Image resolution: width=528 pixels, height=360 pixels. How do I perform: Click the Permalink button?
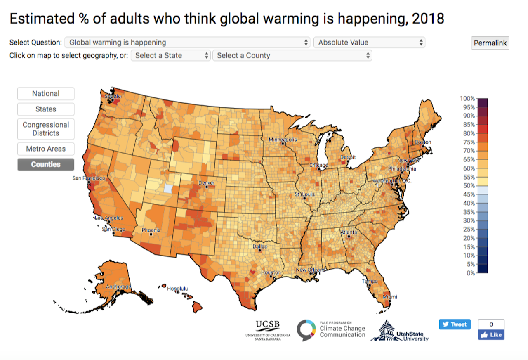click(x=490, y=43)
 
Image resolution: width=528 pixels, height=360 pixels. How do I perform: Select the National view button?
click(x=46, y=94)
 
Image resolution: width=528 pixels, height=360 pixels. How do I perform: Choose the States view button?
click(x=46, y=109)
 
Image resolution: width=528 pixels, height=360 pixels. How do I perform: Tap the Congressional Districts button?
click(x=46, y=129)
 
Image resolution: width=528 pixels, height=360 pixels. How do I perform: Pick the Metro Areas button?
click(x=46, y=149)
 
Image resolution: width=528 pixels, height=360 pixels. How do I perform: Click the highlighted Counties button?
click(x=46, y=164)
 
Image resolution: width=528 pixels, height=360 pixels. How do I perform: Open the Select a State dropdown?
click(x=171, y=55)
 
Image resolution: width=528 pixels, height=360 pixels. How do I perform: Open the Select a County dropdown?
click(x=292, y=55)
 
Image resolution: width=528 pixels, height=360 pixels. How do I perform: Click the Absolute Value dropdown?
click(x=369, y=42)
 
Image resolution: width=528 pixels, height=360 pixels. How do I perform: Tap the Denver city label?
click(x=207, y=182)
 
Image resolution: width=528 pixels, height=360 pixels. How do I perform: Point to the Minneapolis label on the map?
click(x=283, y=140)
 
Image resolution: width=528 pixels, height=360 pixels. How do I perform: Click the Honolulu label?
click(x=177, y=289)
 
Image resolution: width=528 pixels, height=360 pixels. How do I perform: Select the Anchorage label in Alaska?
click(x=118, y=287)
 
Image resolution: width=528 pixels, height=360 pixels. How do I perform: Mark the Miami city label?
click(x=390, y=297)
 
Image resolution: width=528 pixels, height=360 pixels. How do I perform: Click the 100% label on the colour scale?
click(x=467, y=98)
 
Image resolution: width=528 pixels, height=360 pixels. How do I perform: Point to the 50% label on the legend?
click(x=469, y=186)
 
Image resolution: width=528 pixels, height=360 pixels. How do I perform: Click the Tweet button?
click(x=455, y=324)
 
